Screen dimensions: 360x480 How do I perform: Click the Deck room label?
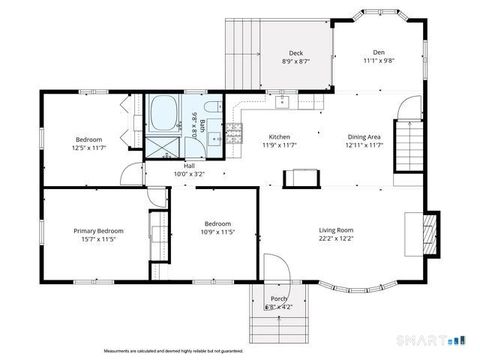[296, 53]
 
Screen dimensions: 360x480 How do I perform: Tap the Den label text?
[379, 52]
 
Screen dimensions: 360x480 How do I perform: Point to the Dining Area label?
[363, 137]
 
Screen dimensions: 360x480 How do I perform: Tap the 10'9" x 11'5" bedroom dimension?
[218, 232]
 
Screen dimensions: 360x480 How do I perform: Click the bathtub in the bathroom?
[163, 113]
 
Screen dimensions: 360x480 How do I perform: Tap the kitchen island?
[301, 178]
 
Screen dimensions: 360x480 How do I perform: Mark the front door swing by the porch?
[277, 268]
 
